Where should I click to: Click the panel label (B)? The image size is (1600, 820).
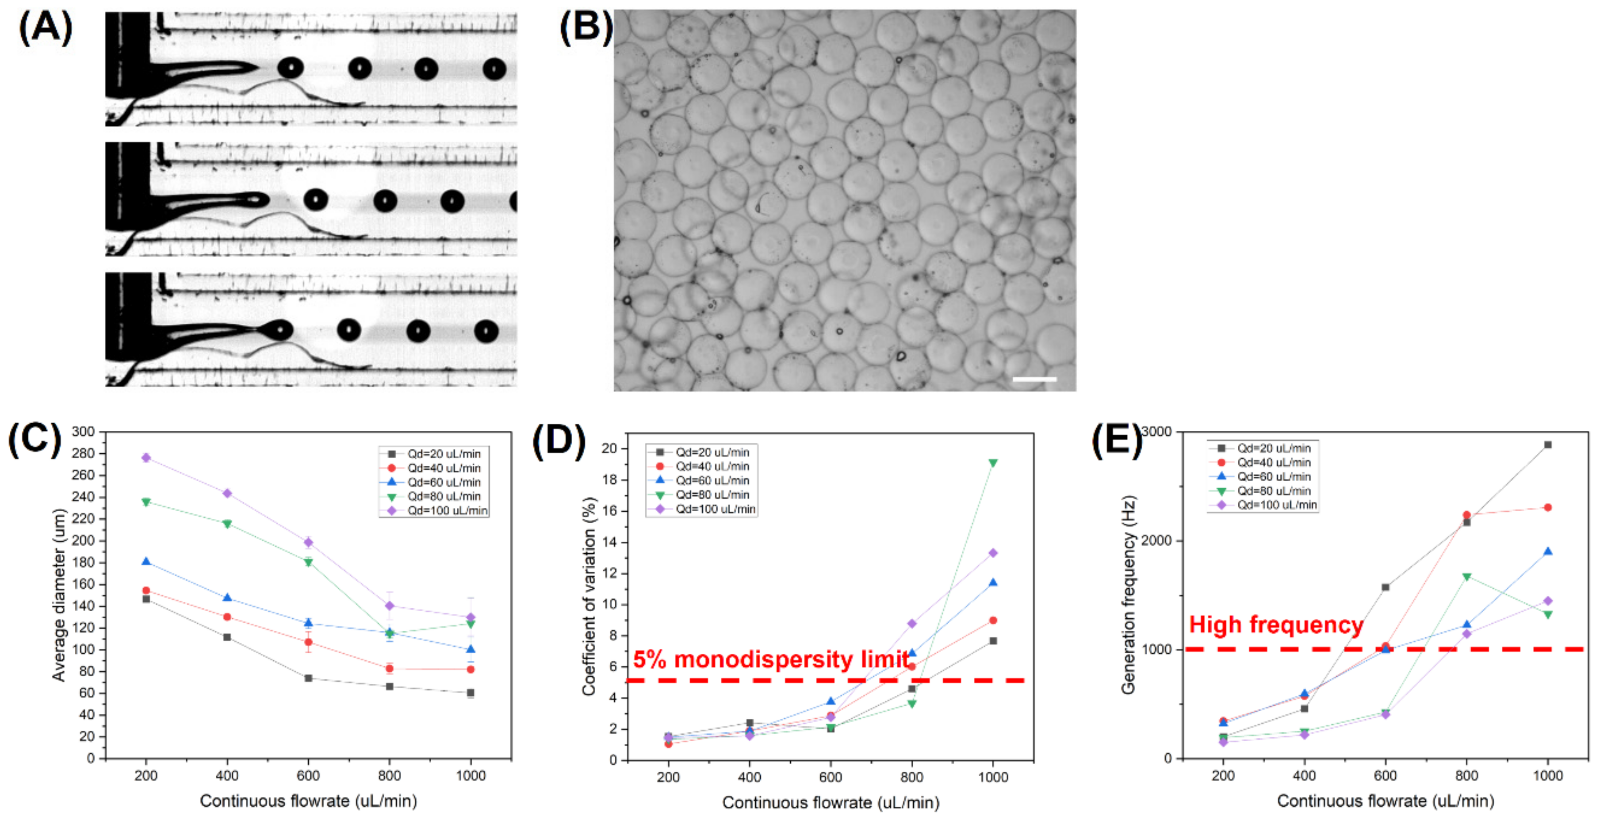(x=585, y=28)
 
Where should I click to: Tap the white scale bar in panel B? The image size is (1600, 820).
(x=1034, y=378)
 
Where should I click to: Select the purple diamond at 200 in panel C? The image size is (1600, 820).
(x=146, y=458)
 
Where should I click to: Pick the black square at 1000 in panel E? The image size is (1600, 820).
(x=1547, y=445)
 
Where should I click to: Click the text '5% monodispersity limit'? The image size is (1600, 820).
(x=771, y=659)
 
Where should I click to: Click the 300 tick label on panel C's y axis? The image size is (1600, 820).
(x=83, y=432)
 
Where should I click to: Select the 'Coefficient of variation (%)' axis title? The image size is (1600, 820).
(x=589, y=596)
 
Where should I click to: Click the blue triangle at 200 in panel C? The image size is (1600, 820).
(x=146, y=562)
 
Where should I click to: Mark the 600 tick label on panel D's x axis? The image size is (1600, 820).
(x=831, y=777)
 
